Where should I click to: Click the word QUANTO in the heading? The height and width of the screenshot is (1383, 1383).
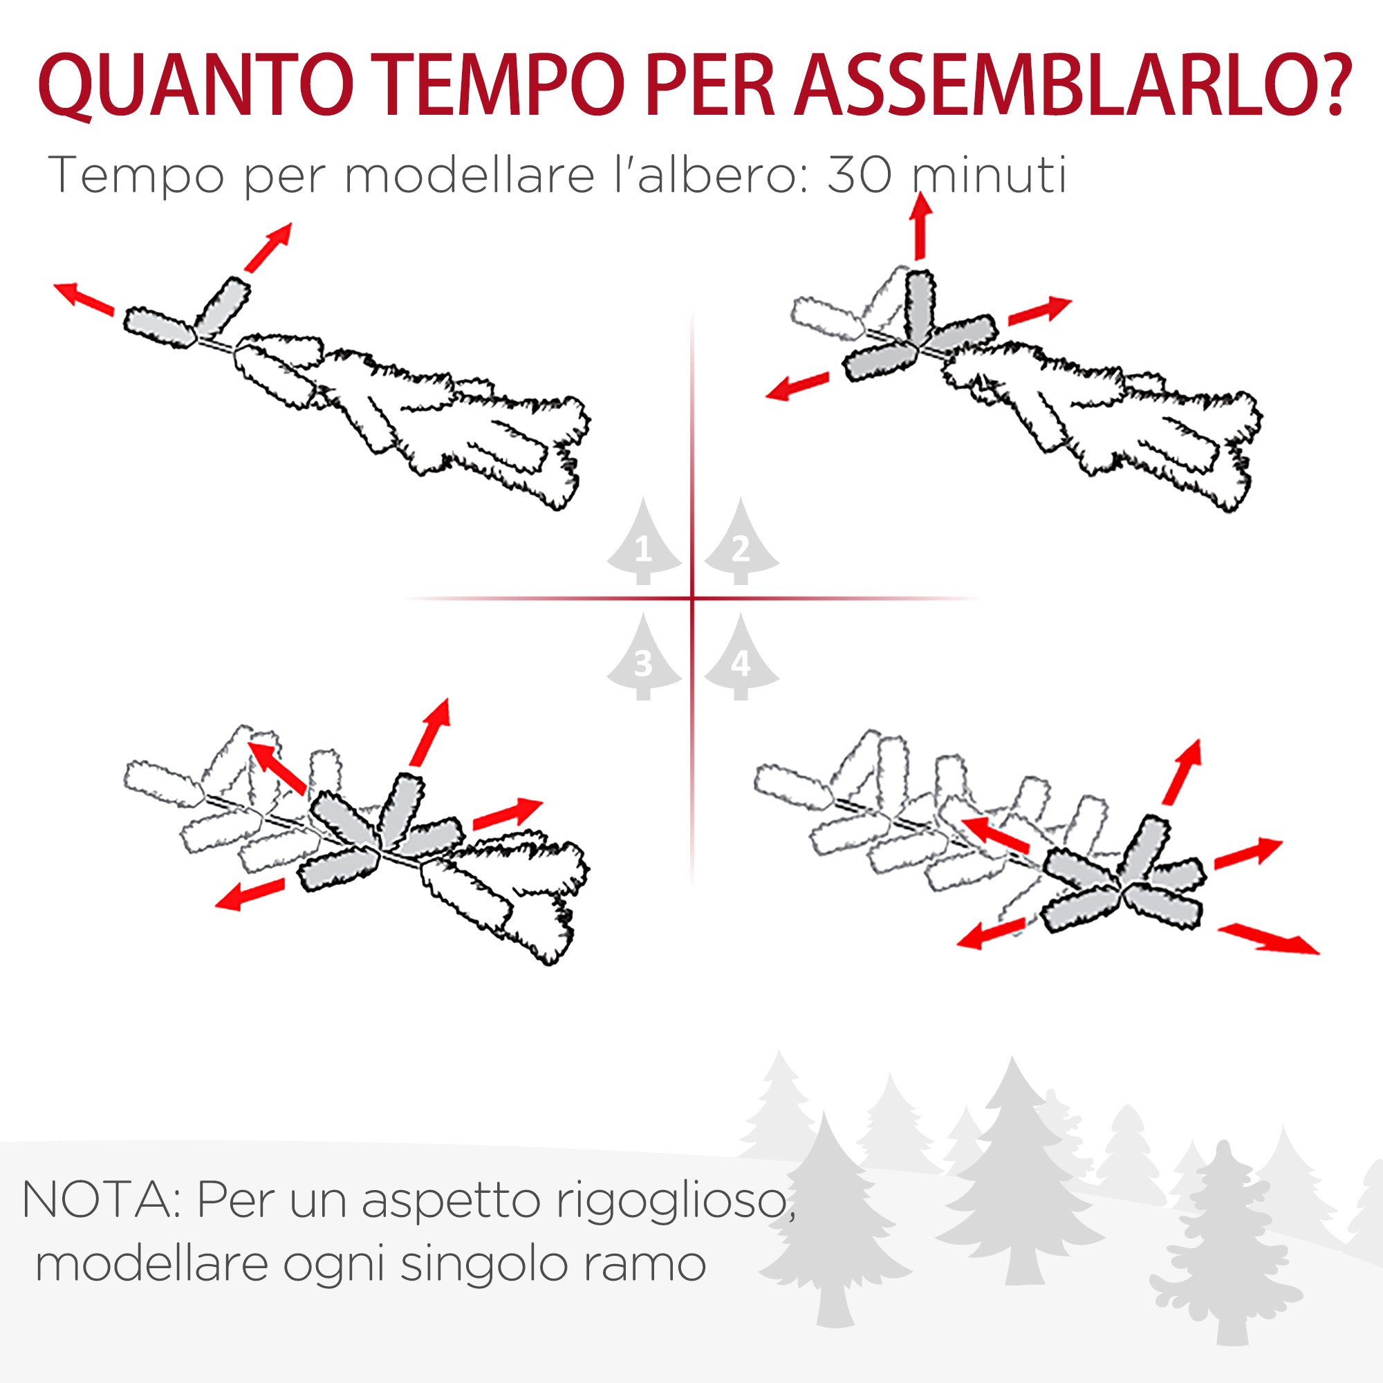tap(195, 84)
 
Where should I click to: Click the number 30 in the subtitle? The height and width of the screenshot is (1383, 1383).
tap(858, 174)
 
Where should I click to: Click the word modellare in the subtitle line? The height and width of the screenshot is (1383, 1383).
tap(469, 174)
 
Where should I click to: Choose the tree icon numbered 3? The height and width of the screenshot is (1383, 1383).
tap(644, 658)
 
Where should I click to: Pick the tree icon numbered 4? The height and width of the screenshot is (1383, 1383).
tap(741, 658)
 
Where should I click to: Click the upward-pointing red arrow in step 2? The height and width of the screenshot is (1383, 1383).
tap(920, 225)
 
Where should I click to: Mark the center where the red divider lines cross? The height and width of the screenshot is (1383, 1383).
tap(692, 597)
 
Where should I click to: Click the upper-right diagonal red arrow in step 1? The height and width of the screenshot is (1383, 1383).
tap(268, 247)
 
